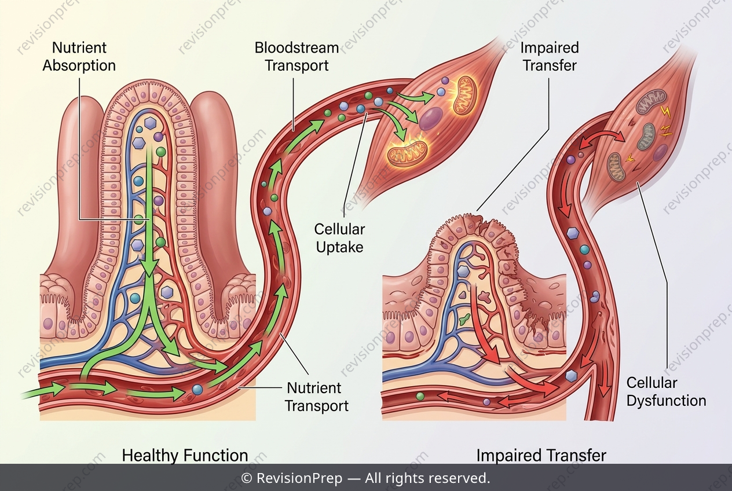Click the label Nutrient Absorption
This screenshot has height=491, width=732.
[x=79, y=57]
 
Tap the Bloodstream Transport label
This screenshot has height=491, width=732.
[x=297, y=57]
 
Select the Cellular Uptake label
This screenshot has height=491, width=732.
[x=339, y=238]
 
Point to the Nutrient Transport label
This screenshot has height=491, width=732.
[x=317, y=397]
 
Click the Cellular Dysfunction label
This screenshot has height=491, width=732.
[x=666, y=391]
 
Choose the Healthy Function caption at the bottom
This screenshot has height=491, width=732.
[x=185, y=455]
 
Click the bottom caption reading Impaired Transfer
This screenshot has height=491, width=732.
[x=541, y=455]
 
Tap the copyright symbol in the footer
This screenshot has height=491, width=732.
[x=246, y=478]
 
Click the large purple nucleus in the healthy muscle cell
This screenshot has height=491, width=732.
[x=431, y=119]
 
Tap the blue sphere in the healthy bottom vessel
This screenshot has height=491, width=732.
[x=197, y=390]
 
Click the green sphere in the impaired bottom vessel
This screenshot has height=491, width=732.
[x=420, y=397]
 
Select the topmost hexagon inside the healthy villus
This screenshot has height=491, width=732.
[x=151, y=123]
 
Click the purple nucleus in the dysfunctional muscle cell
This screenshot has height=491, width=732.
[x=660, y=152]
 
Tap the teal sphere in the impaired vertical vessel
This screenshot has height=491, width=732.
[x=585, y=250]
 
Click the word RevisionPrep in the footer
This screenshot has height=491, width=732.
[x=299, y=478]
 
